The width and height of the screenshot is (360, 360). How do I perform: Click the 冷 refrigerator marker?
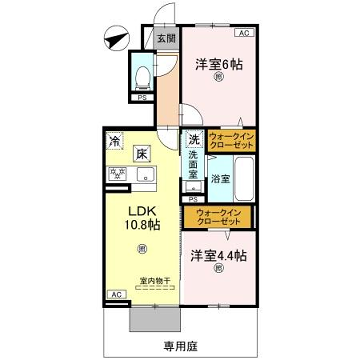coord(116,141)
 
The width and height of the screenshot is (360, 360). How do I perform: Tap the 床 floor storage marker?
coord(143,153)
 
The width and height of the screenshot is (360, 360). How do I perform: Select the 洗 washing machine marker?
coord(194,140)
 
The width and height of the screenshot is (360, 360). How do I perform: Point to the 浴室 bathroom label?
coord(220,178)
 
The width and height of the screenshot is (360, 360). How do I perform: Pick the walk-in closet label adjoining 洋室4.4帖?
coord(219,216)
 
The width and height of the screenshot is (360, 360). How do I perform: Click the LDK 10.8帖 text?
coord(140,217)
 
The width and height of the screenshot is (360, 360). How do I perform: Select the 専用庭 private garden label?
coord(181,346)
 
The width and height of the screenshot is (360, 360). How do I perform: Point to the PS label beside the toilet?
coord(142,96)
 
